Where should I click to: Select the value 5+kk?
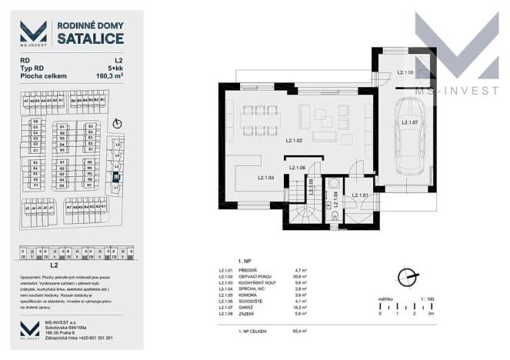pos(115,68)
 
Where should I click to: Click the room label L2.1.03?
pos(266,178)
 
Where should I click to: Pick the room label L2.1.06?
pos(298,168)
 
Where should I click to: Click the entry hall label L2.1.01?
pos(363,195)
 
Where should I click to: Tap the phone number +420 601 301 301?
pos(92,338)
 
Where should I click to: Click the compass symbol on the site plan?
pos(116,123)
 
